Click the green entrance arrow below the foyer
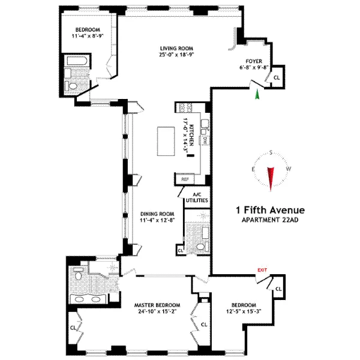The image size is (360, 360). click(257, 94)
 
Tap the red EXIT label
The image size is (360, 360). click(262, 271)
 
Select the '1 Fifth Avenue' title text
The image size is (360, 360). click(270, 210)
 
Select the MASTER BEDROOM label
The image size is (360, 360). click(157, 305)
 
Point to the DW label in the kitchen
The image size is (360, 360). click(205, 140)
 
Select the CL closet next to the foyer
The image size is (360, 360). click(276, 78)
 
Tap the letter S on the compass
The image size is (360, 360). click(272, 152)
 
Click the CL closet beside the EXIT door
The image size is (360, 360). click(278, 289)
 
